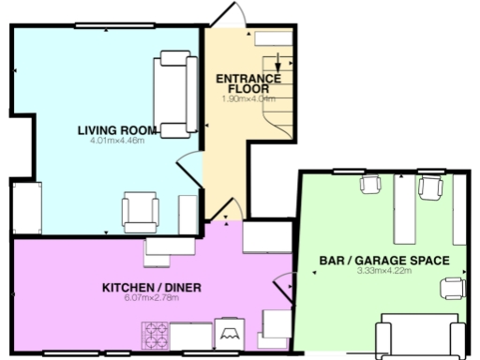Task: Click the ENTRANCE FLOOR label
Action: click(x=248, y=82)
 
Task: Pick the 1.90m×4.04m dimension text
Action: click(x=248, y=98)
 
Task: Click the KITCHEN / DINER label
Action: click(x=152, y=286)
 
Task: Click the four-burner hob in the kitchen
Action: click(x=154, y=334)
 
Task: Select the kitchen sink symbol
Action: click(x=230, y=332)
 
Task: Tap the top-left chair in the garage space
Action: click(x=368, y=185)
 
